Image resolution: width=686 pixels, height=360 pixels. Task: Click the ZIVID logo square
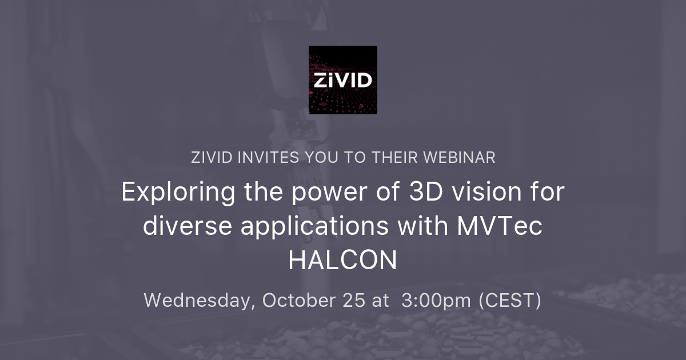(x=343, y=80)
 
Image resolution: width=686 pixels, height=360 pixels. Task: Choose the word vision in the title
(x=478, y=193)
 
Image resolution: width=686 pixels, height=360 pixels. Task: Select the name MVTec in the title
(x=498, y=226)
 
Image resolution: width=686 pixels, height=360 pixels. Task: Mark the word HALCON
(x=342, y=261)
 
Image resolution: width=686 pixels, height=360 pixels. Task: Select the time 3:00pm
(x=436, y=301)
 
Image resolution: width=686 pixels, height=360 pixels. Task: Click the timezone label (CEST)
(x=510, y=301)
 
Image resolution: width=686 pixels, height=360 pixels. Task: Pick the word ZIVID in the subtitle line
(x=212, y=158)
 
